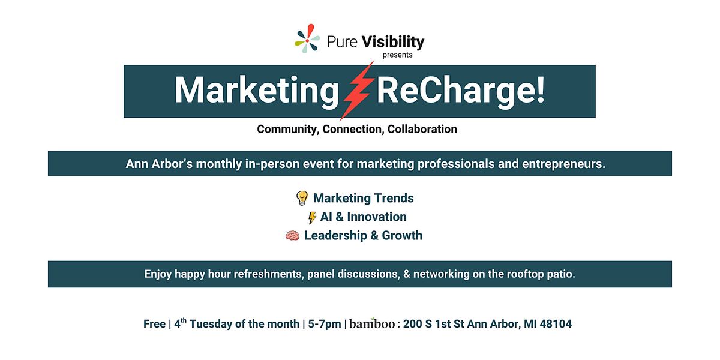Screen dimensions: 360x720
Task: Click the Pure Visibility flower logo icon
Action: point(307,39)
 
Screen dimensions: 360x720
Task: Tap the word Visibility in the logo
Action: point(394,41)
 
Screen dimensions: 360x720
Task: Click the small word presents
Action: point(398,55)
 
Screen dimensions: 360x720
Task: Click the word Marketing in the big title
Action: point(257,90)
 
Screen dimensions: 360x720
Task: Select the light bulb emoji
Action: point(302,198)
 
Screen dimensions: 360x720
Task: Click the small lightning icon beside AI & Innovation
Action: point(312,217)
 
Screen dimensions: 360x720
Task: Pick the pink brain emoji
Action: point(292,236)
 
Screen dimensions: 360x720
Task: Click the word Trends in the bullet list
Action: point(389,198)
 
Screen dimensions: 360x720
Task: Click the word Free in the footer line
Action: point(154,324)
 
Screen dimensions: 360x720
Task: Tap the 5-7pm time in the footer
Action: point(324,324)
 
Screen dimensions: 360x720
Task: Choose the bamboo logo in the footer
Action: point(372,324)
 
